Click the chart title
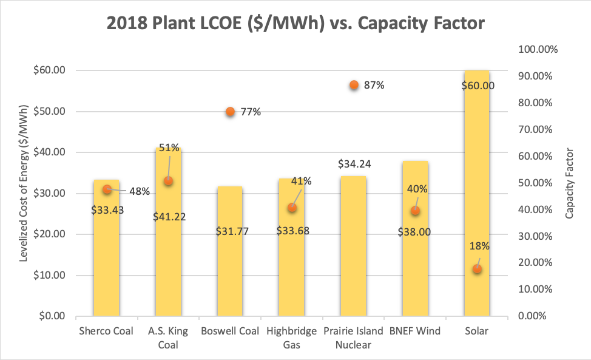(295, 24)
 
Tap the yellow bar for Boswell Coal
(229, 267)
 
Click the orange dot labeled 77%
(230, 112)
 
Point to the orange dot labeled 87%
(354, 86)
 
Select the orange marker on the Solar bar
(477, 268)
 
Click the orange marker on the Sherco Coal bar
(107, 189)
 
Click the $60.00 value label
(477, 86)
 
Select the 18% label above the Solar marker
(479, 246)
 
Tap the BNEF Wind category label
(416, 331)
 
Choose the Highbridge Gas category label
(291, 338)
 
